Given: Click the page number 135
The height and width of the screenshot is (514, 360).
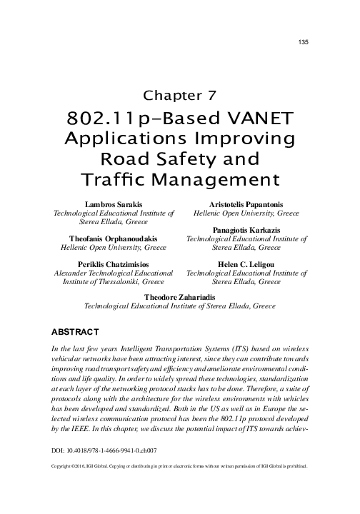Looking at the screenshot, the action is point(302,44).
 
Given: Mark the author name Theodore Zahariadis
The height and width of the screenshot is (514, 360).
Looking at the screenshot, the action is point(180,296).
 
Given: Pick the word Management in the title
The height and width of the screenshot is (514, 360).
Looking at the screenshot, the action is point(211,176).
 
